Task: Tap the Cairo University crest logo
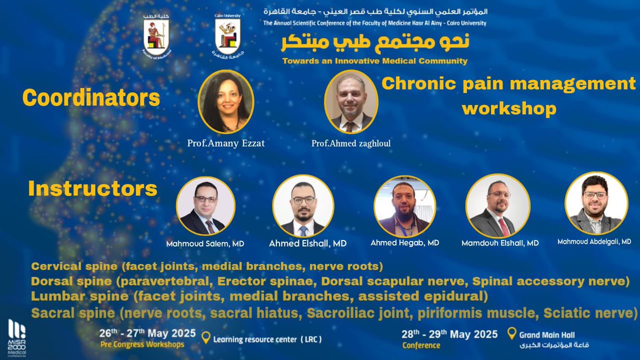(227, 36)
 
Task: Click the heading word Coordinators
(91, 98)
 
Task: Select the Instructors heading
(92, 189)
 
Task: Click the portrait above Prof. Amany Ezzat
(226, 102)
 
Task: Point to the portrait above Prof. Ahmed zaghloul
(351, 101)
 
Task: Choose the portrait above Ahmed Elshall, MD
(303, 206)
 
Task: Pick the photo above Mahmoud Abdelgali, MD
(596, 203)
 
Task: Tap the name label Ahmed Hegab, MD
(405, 243)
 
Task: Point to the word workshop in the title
(509, 109)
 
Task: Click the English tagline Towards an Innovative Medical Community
(375, 61)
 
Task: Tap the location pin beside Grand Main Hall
(511, 334)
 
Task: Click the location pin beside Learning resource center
(205, 338)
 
